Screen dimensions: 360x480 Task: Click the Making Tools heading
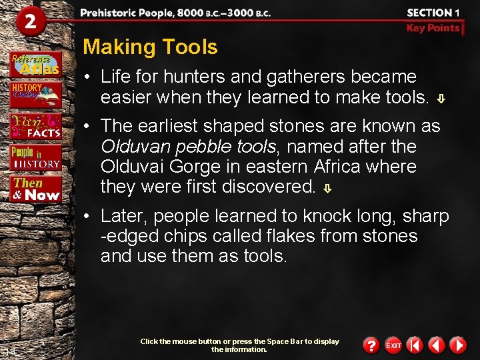150,47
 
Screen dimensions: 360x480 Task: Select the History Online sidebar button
35,94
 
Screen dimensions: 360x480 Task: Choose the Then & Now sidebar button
36,189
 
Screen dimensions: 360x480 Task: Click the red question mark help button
371,345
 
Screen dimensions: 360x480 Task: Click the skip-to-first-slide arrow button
415,345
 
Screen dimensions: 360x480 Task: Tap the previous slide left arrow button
436,345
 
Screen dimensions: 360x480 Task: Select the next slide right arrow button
457,345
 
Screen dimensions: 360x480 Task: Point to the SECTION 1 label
433,13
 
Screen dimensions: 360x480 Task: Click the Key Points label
433,28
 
